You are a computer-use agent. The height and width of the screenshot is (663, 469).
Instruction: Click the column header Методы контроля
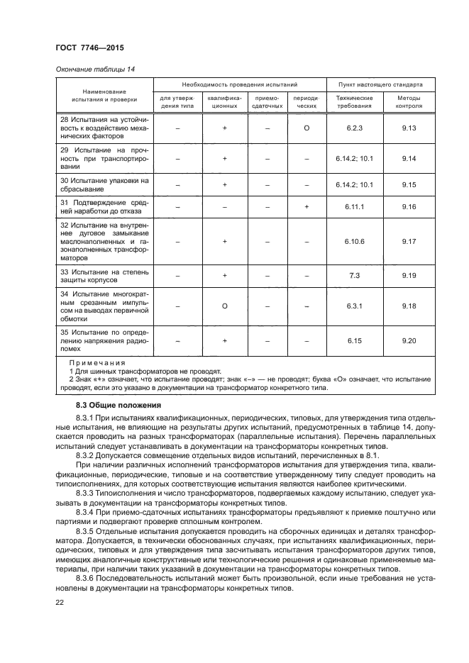point(408,101)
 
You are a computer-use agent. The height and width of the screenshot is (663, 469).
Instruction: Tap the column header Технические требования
point(354,101)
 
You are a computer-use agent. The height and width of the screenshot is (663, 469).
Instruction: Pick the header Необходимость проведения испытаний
point(240,84)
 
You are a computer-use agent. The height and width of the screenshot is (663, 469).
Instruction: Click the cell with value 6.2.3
point(354,129)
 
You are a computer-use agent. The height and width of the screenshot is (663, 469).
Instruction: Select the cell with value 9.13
point(408,129)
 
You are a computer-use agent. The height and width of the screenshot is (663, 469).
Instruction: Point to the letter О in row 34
point(224,306)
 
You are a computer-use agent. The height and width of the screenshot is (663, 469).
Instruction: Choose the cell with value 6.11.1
point(354,206)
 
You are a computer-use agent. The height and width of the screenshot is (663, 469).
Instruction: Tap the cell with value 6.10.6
point(354,241)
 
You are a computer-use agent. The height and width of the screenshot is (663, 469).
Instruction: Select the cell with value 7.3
point(354,276)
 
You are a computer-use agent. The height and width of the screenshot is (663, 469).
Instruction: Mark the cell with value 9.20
point(408,341)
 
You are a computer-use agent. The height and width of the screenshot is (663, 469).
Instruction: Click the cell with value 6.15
point(354,341)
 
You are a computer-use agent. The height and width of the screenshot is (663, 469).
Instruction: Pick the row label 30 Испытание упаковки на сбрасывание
point(104,184)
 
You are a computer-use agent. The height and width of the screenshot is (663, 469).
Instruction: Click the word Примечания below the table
point(96,362)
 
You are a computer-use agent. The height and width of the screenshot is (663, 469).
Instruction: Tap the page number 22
point(60,603)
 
